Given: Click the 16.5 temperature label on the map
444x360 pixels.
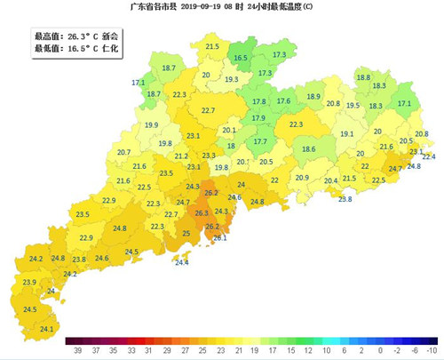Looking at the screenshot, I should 241,58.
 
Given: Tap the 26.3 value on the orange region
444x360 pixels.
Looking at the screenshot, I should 202,213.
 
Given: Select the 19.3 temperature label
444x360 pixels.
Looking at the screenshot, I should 232,80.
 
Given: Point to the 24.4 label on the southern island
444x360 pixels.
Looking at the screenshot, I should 181,262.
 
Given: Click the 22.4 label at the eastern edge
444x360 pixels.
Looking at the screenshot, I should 429,157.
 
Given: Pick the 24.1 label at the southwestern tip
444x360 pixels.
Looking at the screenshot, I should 47,329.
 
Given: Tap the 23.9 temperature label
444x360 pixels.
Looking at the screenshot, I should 29,282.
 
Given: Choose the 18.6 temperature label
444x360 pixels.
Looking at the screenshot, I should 309,149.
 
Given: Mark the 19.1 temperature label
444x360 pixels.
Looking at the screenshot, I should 347,134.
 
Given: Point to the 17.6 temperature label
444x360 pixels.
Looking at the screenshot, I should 283,101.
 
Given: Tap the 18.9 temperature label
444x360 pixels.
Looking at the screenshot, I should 313,96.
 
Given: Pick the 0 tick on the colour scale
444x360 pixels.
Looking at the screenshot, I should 380,352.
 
